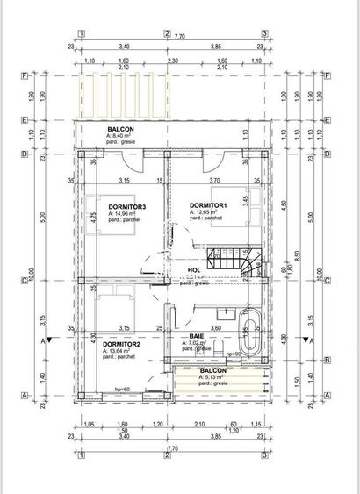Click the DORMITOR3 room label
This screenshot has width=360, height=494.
click(x=125, y=206)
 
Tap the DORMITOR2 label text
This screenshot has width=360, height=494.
click(x=120, y=344)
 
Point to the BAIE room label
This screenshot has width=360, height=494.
click(x=197, y=336)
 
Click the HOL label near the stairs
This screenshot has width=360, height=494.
click(x=194, y=270)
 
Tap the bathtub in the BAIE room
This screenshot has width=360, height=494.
click(x=250, y=335)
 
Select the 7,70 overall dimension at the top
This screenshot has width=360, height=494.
click(x=179, y=37)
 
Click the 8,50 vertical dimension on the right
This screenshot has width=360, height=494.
click(x=299, y=254)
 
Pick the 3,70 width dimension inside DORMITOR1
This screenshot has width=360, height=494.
click(x=215, y=181)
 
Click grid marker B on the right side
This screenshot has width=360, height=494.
click(x=327, y=361)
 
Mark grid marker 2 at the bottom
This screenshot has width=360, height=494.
click(x=167, y=457)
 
